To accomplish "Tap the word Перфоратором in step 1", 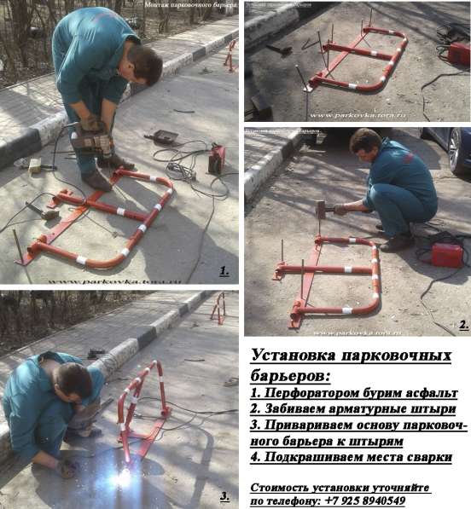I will point(315,394).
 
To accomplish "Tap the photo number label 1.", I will point(224,271).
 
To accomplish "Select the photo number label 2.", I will point(462,325).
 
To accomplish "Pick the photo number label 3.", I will point(224,496).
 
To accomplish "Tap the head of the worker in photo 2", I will point(364,142).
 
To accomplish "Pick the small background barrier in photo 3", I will point(219,309).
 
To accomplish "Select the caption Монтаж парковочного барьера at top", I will point(178,6).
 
